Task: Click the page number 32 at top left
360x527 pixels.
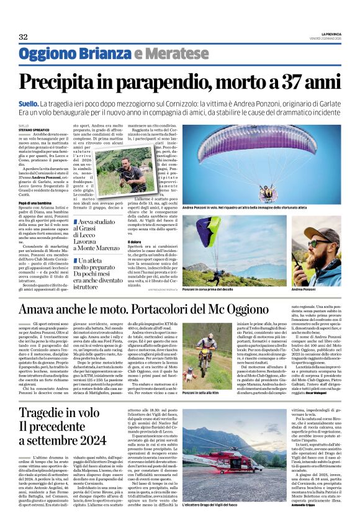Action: [23, 37]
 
